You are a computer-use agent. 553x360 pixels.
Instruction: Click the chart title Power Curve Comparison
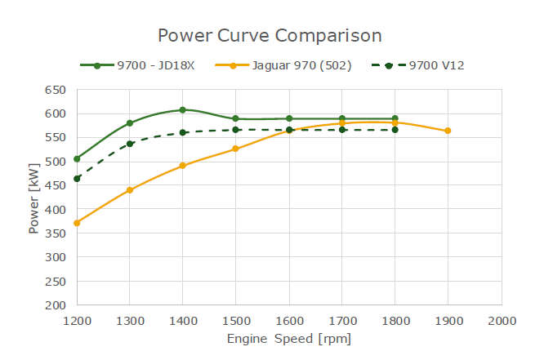(x=270, y=36)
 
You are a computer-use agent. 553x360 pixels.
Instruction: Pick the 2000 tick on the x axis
(x=501, y=321)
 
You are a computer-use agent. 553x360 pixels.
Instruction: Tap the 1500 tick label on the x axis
(x=236, y=321)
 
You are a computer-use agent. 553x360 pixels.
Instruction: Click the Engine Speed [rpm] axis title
(x=289, y=339)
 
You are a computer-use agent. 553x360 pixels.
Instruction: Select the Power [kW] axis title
(x=33, y=197)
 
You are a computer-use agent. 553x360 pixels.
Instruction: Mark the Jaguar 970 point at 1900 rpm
(x=448, y=131)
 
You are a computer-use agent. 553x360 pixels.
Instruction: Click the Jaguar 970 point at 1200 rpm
(x=77, y=223)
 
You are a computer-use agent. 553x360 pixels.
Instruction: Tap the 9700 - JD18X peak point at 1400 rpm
(x=183, y=109)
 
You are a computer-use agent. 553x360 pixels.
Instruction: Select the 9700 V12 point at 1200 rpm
(x=77, y=179)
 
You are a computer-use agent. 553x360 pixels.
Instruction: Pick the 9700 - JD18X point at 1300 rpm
(x=130, y=123)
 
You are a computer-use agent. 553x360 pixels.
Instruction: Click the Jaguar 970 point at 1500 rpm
(x=236, y=149)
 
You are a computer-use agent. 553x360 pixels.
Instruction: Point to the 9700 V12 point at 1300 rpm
(x=130, y=144)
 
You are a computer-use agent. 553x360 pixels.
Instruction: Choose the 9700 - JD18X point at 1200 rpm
(x=77, y=158)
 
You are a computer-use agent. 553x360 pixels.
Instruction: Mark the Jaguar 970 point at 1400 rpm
(x=183, y=166)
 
